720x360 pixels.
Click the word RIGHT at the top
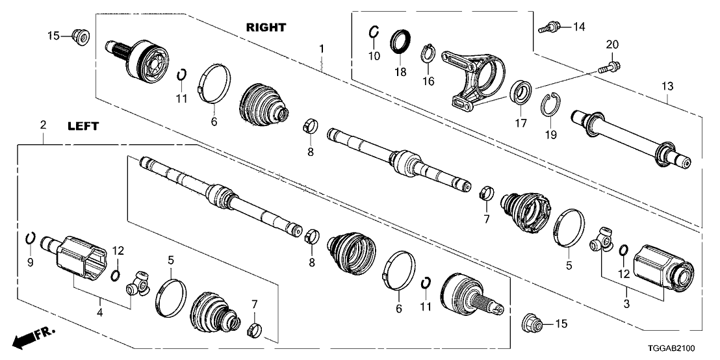pyautogui.click(x=266, y=27)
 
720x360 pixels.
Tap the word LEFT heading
pyautogui.click(x=84, y=127)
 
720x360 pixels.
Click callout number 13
pyautogui.click(x=667, y=86)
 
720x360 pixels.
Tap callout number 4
pyautogui.click(x=99, y=313)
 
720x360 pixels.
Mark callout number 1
pyautogui.click(x=322, y=48)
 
